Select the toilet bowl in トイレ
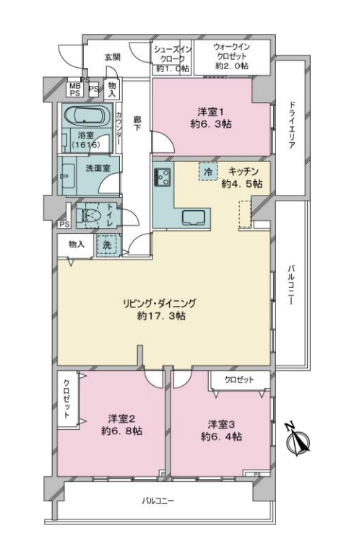point(88,215)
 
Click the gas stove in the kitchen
point(163,176)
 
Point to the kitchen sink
point(193,217)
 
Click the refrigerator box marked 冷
point(209,172)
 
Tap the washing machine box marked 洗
point(107,245)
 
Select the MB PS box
point(74,89)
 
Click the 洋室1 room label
point(210,112)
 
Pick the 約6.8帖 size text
point(121,431)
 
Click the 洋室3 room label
point(222,423)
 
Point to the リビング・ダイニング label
point(159,303)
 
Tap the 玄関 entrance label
point(112,57)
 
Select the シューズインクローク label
point(173,53)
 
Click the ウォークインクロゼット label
point(232,52)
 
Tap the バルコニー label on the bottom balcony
point(158,501)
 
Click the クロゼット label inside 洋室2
point(67,398)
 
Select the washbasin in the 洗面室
point(68,175)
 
